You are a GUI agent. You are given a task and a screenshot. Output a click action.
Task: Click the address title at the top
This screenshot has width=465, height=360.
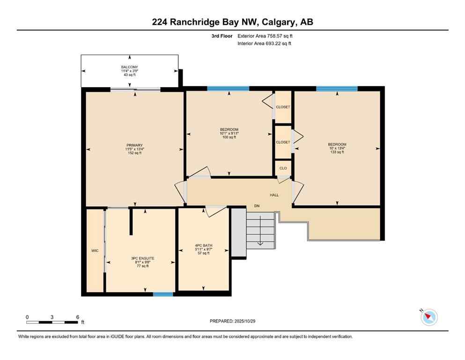pos(232,22)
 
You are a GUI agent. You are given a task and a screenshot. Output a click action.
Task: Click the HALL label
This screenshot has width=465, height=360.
pos(274,195)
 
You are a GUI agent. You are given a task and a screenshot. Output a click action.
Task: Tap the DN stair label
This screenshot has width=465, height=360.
pos(257,206)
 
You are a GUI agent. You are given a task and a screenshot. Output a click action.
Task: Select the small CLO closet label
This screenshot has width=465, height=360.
pos(283,168)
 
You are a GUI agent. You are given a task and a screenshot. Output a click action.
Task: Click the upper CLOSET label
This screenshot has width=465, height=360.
pos(283,107)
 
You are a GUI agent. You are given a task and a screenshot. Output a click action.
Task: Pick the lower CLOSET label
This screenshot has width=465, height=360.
pos(283,142)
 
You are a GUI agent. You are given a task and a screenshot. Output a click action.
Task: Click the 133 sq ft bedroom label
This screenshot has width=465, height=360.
pos(337,148)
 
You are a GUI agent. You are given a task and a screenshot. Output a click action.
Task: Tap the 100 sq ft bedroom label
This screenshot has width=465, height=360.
pos(229,133)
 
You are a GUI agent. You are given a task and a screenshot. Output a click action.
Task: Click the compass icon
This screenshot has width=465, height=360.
pos(428,317)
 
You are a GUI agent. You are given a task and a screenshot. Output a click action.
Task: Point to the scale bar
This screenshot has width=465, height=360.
pos(52,322)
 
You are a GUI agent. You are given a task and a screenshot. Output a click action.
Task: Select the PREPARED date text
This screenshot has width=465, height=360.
pos(232,321)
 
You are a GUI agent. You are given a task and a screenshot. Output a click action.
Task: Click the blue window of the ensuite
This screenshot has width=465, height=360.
pos(163,294)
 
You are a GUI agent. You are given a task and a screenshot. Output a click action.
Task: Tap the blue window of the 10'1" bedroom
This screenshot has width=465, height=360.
pos(228,88)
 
